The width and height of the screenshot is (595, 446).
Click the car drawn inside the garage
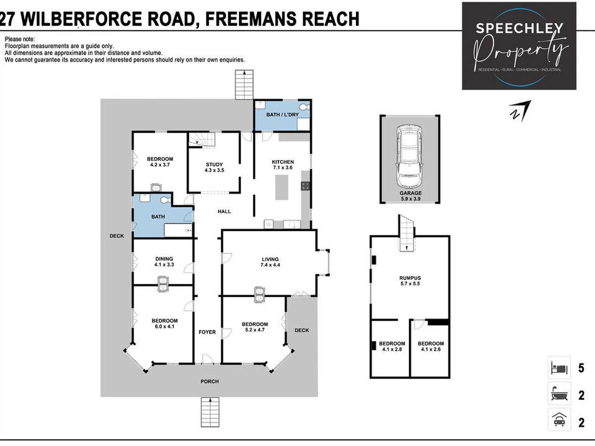(x=410, y=156)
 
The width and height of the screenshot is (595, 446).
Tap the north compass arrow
(x=521, y=111)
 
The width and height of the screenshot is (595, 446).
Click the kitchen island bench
(x=282, y=187)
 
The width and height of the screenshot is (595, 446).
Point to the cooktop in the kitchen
(x=305, y=186)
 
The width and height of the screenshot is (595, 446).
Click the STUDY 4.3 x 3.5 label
(x=214, y=167)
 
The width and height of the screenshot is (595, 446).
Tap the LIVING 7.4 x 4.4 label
(x=270, y=262)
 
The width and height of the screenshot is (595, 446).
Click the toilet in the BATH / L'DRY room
(x=305, y=106)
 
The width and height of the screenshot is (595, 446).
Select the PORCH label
(x=210, y=381)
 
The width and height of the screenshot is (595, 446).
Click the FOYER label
(x=207, y=332)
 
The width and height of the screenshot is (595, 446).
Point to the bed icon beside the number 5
(x=559, y=368)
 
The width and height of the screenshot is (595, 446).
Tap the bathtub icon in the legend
(x=559, y=395)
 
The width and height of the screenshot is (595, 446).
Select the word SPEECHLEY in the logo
(x=519, y=28)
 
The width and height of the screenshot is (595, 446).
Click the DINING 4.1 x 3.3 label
(x=164, y=262)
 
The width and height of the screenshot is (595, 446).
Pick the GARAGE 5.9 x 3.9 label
(x=411, y=196)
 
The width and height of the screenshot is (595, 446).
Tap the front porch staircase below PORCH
(x=210, y=412)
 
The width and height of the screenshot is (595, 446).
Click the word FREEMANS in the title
(x=251, y=19)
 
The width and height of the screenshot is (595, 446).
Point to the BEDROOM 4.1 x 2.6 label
(x=431, y=346)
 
